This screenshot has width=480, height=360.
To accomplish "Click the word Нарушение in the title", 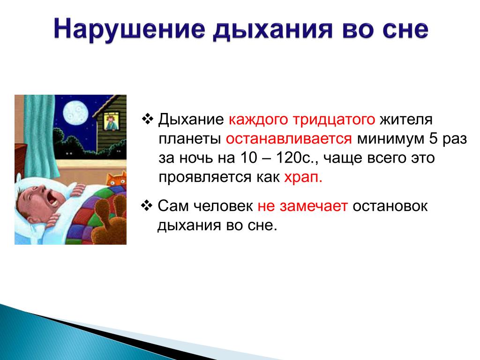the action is point(129,30).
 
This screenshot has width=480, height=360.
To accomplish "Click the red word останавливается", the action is point(289,139).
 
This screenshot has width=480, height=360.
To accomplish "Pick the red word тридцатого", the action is point(334,120).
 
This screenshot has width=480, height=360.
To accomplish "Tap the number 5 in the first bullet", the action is point(434,139).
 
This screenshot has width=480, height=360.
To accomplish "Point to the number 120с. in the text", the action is point(296,158).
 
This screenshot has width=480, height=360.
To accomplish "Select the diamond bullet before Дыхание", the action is point(147,119).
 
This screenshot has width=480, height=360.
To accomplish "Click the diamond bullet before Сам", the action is point(147,205).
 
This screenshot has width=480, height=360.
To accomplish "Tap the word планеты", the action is point(190,139).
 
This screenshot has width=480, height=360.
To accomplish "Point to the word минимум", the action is point(390,139).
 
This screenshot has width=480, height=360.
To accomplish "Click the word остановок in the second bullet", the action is point(390,206).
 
